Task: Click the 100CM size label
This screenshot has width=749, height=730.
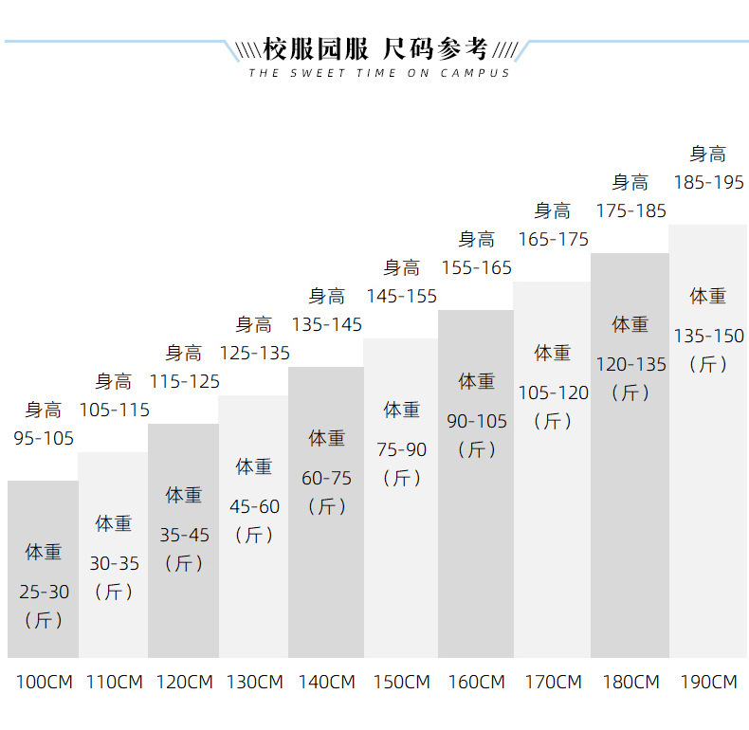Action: click(x=44, y=682)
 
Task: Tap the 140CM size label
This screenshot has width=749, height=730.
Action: click(x=327, y=682)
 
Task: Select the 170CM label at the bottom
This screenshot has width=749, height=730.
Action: click(x=553, y=682)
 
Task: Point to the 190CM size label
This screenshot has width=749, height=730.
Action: click(x=708, y=682)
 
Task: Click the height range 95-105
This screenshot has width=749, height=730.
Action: click(x=44, y=439)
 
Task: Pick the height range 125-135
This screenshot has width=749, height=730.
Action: click(x=255, y=354)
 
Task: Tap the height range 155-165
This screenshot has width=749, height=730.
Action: click(x=476, y=268)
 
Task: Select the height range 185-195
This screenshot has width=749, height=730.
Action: click(x=708, y=183)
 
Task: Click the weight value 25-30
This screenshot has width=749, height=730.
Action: click(x=44, y=592)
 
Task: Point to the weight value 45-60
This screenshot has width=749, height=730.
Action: click(x=255, y=506)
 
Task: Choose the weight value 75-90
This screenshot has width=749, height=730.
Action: click(x=402, y=449)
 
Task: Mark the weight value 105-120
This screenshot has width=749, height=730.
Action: click(x=553, y=392)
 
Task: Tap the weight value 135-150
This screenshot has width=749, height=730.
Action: click(x=708, y=336)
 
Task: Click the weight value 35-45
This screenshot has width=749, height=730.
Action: click(x=184, y=535)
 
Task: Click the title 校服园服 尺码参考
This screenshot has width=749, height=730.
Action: click(x=375, y=48)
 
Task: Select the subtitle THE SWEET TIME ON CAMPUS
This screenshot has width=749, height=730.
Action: click(x=379, y=73)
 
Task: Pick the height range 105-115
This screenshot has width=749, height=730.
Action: click(x=114, y=411)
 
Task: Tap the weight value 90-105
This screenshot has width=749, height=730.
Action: click(x=477, y=421)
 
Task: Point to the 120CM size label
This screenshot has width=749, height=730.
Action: click(x=184, y=682)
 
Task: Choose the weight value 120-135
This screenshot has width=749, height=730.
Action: click(x=630, y=364)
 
